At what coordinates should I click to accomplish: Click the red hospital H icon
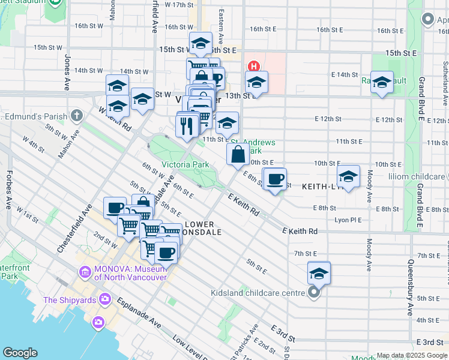pyautogui.click(x=253, y=66)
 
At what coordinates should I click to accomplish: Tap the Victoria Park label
pyautogui.click(x=185, y=164)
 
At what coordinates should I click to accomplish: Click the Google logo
pyautogui.click(x=20, y=353)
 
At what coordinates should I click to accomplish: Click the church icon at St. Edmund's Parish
pyautogui.click(x=76, y=115)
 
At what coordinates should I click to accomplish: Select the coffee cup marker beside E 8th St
pyautogui.click(x=276, y=179)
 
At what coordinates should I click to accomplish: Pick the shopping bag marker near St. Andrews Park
pyautogui.click(x=238, y=154)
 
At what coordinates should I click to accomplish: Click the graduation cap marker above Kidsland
pyautogui.click(x=319, y=274)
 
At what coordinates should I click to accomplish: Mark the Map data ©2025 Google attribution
pyautogui.click(x=412, y=355)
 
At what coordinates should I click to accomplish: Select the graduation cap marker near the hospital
pyautogui.click(x=256, y=83)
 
